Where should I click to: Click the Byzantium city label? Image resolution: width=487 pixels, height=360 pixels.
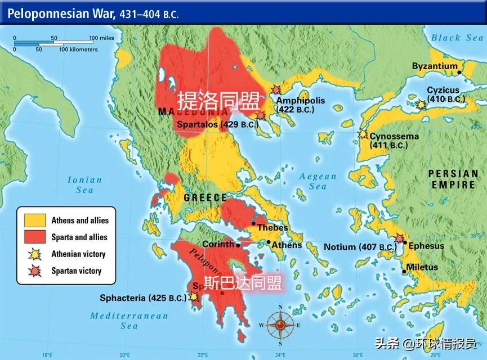[435, 66]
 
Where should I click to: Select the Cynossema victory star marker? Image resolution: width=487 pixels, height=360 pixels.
[363, 135]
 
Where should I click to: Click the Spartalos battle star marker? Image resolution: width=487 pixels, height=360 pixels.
[260, 115]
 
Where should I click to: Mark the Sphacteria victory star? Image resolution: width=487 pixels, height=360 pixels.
[195, 295]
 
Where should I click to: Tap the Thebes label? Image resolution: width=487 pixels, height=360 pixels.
[272, 228]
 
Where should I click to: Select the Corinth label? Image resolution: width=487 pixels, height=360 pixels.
[218, 245]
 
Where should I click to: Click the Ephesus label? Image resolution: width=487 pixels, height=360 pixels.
[426, 246]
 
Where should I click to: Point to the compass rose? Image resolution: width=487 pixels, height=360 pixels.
[280, 325]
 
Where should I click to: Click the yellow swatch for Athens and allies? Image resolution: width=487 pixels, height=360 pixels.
[34, 220]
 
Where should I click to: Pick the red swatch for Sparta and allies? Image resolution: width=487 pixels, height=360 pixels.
[34, 237]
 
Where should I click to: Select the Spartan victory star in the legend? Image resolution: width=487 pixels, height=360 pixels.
[34, 271]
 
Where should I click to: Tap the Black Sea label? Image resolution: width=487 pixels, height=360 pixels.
[454, 38]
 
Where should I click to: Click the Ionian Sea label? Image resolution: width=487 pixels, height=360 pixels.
[85, 185]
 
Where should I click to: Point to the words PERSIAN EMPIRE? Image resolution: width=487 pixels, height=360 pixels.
[454, 179]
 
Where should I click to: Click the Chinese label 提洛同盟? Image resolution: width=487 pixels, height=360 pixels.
[219, 101]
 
